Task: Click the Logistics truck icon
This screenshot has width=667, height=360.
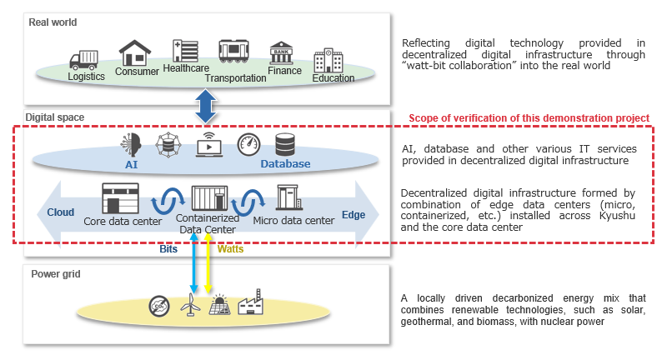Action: [x=83, y=59]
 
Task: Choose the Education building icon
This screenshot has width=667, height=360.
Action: [x=327, y=61]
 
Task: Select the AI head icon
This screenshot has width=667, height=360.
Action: [x=131, y=143]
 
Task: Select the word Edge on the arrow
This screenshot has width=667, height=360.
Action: [x=354, y=214]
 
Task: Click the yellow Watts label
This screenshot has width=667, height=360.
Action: [x=231, y=248]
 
